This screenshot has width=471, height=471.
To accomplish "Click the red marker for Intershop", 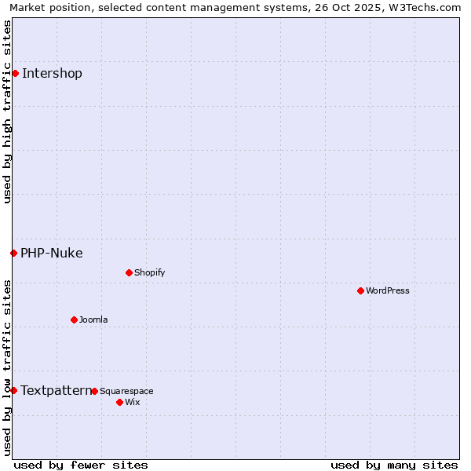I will (x=15, y=73).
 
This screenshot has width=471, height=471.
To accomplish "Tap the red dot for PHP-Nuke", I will (x=13, y=253).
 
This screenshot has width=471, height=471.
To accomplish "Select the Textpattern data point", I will (x=13, y=390).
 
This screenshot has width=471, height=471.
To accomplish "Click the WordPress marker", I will (x=360, y=290).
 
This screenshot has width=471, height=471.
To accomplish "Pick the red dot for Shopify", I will (x=129, y=272).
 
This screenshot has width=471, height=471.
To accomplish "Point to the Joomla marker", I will (x=74, y=319).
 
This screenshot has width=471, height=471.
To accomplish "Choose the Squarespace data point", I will (x=94, y=391).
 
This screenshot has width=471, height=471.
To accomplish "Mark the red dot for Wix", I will (x=119, y=402).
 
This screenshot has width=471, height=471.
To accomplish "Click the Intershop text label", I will (x=52, y=74).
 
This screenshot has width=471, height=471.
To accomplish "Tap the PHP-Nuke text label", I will (x=52, y=253).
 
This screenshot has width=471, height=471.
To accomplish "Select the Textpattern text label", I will (x=56, y=390).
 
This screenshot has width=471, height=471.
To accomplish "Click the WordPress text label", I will (x=388, y=290).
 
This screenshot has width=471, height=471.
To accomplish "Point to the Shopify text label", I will (x=150, y=272).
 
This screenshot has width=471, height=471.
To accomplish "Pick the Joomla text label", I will (x=93, y=319).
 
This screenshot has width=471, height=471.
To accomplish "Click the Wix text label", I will (x=132, y=402).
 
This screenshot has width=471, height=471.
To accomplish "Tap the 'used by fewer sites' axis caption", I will (x=81, y=465).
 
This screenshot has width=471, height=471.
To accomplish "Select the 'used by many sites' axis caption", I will (x=394, y=465).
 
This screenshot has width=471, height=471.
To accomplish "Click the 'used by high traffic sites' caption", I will (x=7, y=111).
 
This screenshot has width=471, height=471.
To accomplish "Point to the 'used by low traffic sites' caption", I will (x=7, y=367).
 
